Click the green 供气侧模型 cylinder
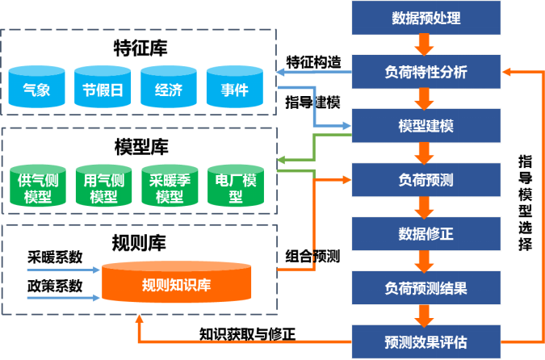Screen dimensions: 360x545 pos(37,188)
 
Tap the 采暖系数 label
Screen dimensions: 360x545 pos(55,257)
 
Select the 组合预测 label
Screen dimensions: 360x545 pos(312,257)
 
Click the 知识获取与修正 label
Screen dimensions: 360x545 pos(248,332)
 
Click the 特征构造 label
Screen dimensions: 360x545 pos(313,62)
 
